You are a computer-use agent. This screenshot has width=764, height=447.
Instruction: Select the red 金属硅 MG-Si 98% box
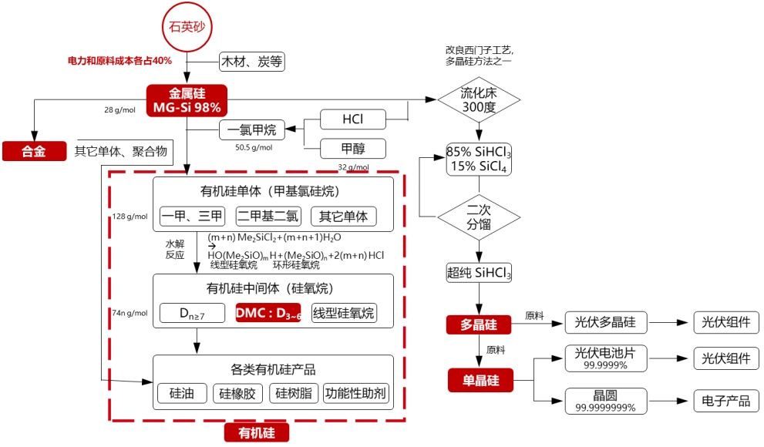pyautogui.click(x=187, y=99)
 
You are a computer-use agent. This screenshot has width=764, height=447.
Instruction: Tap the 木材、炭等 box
pyautogui.click(x=252, y=62)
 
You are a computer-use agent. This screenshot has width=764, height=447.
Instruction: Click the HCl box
pyautogui.click(x=352, y=119)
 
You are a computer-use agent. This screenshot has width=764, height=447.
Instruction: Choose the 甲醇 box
pyautogui.click(x=352, y=148)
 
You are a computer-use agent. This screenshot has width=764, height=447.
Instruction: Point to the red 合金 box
pyautogui.click(x=34, y=151)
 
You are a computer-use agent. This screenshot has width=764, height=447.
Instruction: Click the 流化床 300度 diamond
pyautogui.click(x=479, y=100)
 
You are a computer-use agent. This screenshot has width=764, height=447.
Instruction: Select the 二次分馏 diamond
pyautogui.click(x=479, y=217)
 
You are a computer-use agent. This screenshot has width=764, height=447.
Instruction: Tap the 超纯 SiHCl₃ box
pyautogui.click(x=479, y=272)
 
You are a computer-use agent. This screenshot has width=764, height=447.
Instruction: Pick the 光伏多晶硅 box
pyautogui.click(x=605, y=322)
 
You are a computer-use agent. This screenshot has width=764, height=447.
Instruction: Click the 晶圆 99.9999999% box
pyautogui.click(x=605, y=401)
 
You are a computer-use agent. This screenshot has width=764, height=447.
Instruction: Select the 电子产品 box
pyautogui.click(x=722, y=401)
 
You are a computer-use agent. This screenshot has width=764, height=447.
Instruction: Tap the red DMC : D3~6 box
pyautogui.click(x=268, y=313)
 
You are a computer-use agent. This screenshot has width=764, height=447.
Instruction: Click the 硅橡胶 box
pyautogui.click(x=240, y=393)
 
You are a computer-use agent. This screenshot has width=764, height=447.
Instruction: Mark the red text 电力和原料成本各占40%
pyautogui.click(x=119, y=59)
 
